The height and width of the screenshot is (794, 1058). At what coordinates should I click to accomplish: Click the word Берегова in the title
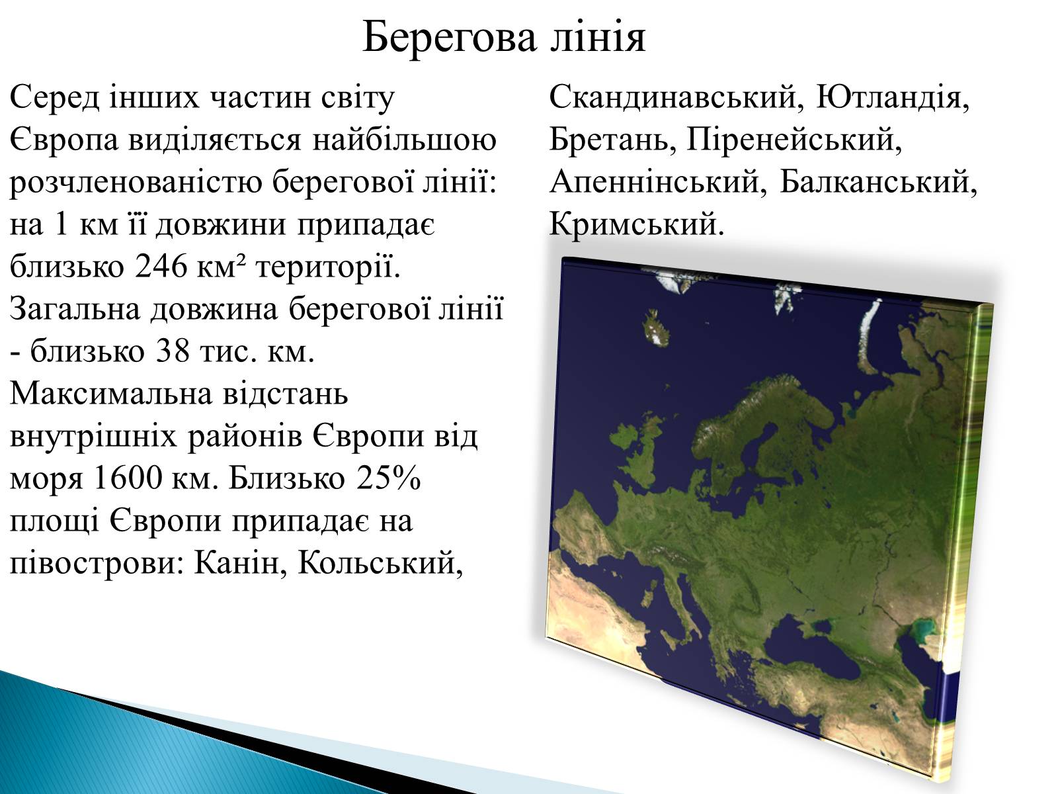coord(449,37)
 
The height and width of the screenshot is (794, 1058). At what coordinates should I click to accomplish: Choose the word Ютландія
coord(893,97)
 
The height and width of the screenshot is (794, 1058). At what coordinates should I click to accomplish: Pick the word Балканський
coord(878,182)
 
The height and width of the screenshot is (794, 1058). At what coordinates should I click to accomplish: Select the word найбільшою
coord(405,140)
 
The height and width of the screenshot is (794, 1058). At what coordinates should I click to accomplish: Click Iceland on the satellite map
coord(657,328)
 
